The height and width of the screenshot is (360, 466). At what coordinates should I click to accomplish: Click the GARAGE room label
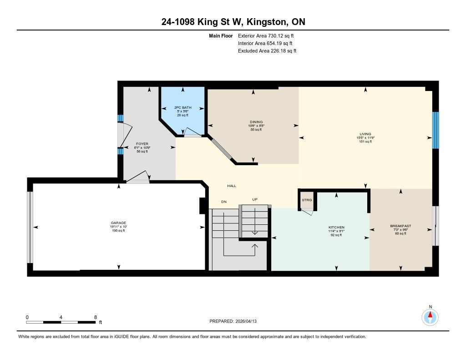point(119,223)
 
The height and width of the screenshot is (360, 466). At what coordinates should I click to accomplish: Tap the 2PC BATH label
point(183,107)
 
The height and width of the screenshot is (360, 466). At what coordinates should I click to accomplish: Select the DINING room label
point(256,122)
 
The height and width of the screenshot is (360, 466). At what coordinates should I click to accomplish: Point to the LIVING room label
point(365,134)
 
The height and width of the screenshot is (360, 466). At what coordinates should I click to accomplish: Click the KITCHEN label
point(336,227)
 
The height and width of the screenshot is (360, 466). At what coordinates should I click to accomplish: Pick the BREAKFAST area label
point(400,226)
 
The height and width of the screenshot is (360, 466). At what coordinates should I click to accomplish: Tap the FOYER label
point(142,144)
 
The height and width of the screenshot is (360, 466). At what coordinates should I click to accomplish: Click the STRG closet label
point(307,200)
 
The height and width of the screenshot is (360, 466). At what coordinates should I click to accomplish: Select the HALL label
point(232,186)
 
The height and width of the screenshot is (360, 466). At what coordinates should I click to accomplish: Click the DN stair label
point(224,202)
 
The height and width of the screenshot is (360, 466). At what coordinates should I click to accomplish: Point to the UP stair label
point(255,199)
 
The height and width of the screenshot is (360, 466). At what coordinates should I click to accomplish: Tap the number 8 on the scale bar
point(96,317)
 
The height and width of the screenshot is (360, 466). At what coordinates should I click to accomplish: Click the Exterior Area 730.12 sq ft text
point(266,36)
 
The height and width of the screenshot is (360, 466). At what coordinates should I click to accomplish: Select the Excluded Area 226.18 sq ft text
point(267,51)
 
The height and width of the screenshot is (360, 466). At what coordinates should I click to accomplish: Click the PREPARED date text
point(233,321)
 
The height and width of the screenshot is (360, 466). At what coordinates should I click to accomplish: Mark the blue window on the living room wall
point(436,130)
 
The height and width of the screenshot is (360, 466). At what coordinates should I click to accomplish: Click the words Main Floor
point(221,36)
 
